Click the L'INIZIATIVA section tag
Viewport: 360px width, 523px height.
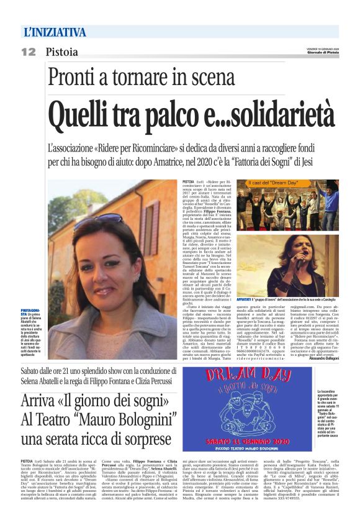point(55,32)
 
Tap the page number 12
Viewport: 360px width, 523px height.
point(29,52)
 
